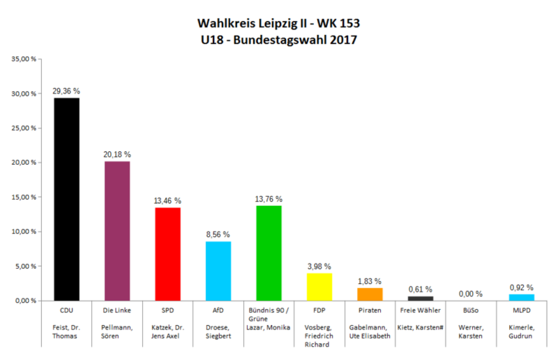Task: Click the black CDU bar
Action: pyautogui.click(x=67, y=199)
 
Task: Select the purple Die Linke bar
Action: pyautogui.click(x=117, y=231)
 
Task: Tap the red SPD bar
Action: pyautogui.click(x=168, y=254)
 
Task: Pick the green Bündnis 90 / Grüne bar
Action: pyautogui.click(x=269, y=253)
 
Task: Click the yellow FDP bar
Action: pyautogui.click(x=319, y=287)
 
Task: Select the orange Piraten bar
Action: pyautogui.click(x=370, y=294)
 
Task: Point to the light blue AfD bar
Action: pyautogui.click(x=218, y=271)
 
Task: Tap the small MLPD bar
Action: pyautogui.click(x=521, y=297)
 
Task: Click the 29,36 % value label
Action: pyautogui.click(x=67, y=91)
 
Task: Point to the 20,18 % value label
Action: pyautogui.click(x=117, y=154)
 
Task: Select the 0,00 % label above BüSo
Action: pyautogui.click(x=471, y=294)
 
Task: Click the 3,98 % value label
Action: pyautogui.click(x=319, y=266)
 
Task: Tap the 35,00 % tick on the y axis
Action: pyautogui.click(x=24, y=59)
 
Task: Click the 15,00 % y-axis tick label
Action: pyautogui.click(x=24, y=197)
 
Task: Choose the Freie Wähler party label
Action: pyautogui.click(x=420, y=310)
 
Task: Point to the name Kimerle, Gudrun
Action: pyautogui.click(x=521, y=331)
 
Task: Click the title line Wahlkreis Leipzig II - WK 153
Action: pyautogui.click(x=279, y=23)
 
